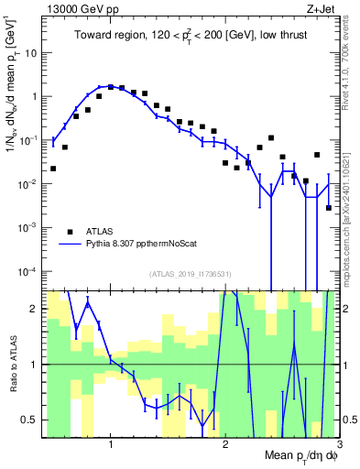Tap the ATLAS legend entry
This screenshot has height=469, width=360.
98,232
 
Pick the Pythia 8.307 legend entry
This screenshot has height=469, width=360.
137,245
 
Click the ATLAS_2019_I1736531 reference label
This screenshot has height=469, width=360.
191,274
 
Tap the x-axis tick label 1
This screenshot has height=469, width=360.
111,444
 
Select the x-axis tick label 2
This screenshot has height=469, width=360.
225,444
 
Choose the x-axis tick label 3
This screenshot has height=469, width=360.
339,444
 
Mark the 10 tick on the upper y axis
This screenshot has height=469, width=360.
31,52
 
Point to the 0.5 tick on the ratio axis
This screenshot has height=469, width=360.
29,420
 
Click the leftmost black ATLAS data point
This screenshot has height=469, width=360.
53,169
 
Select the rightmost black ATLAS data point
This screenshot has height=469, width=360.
329,208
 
